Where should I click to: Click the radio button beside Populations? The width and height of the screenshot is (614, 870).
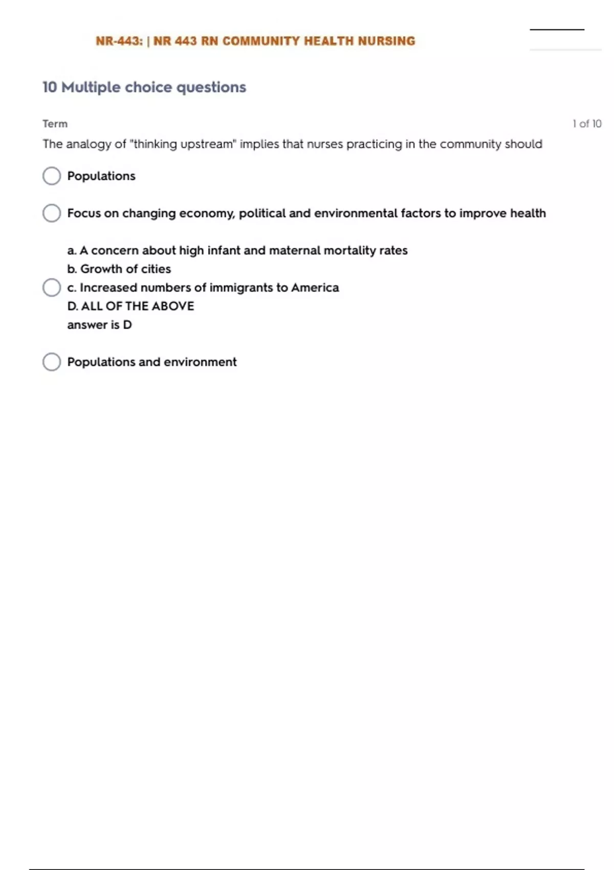(52, 176)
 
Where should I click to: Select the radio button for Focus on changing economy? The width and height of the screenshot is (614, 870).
(52, 213)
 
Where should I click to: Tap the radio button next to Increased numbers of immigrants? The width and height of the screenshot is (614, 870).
(52, 288)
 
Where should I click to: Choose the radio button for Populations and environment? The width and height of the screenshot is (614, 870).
(52, 362)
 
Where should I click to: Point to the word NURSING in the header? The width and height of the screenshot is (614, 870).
(386, 41)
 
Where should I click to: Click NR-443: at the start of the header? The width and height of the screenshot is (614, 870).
(119, 41)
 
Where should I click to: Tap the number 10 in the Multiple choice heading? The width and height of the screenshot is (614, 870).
(50, 88)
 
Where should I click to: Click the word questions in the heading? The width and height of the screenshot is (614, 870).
(211, 88)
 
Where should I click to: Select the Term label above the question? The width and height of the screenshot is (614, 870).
(55, 124)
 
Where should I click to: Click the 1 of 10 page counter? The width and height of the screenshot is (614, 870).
(587, 124)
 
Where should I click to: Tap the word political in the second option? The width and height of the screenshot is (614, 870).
(262, 213)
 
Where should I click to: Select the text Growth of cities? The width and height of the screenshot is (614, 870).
(125, 269)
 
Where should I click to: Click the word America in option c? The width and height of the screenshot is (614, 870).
(315, 288)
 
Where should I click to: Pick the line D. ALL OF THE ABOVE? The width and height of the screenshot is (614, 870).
(130, 306)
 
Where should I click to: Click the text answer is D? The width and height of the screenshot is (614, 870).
(99, 325)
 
